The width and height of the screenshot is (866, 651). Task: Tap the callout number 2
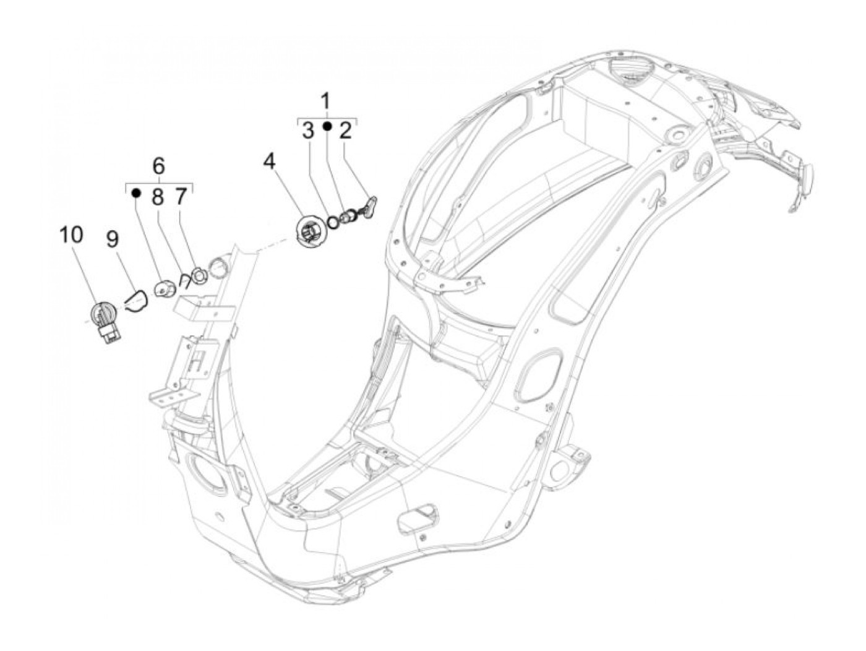point(345,131)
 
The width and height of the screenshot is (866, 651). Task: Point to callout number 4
point(269,162)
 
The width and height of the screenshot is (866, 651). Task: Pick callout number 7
point(180,197)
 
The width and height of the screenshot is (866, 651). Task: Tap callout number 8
point(158,197)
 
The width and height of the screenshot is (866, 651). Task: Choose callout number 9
point(112,239)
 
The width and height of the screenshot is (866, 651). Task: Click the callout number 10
point(71,235)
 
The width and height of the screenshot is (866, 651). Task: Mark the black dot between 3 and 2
point(327,127)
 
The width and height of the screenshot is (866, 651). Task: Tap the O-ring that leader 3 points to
point(333,222)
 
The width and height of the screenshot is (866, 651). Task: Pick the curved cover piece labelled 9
point(135,301)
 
